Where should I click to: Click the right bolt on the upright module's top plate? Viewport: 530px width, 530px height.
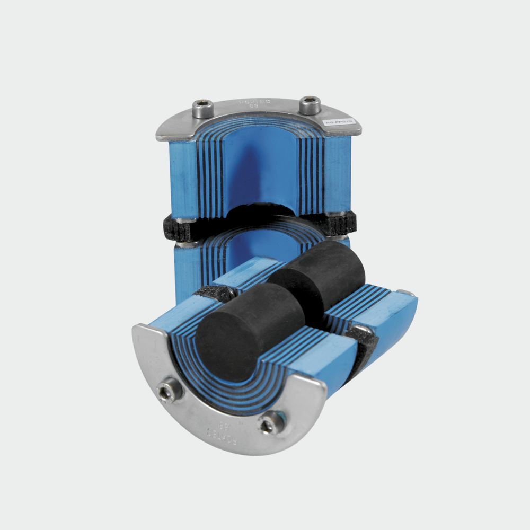[310, 105]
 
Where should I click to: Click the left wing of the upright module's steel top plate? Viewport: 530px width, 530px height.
[170, 127]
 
